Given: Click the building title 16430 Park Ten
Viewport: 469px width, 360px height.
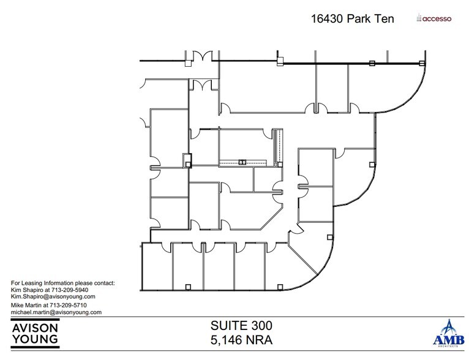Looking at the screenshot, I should [353, 18].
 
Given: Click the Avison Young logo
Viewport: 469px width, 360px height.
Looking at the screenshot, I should [36, 332].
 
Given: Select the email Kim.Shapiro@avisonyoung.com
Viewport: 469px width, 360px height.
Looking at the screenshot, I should [53, 296].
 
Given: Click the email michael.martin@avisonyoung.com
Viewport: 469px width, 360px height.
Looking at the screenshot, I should [56, 312].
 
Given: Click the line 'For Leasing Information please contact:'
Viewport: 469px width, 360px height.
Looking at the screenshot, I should [63, 283].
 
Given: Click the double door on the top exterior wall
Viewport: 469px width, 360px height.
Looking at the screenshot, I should [201, 59].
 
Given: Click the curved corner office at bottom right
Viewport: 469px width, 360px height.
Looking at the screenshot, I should [312, 263].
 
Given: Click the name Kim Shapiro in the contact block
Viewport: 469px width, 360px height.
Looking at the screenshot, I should [28, 290].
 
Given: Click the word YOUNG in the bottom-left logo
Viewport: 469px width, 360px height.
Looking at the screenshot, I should [36, 339].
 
